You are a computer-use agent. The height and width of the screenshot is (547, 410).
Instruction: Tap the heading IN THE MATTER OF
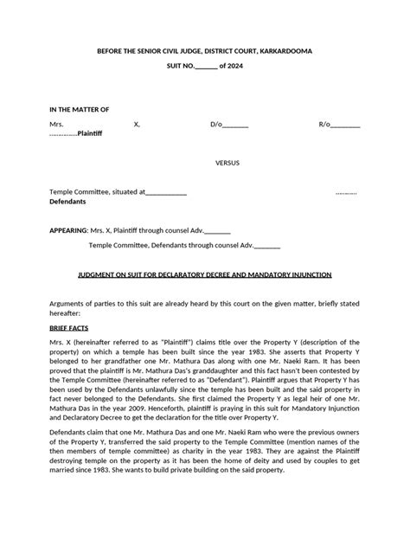(x=79, y=110)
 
